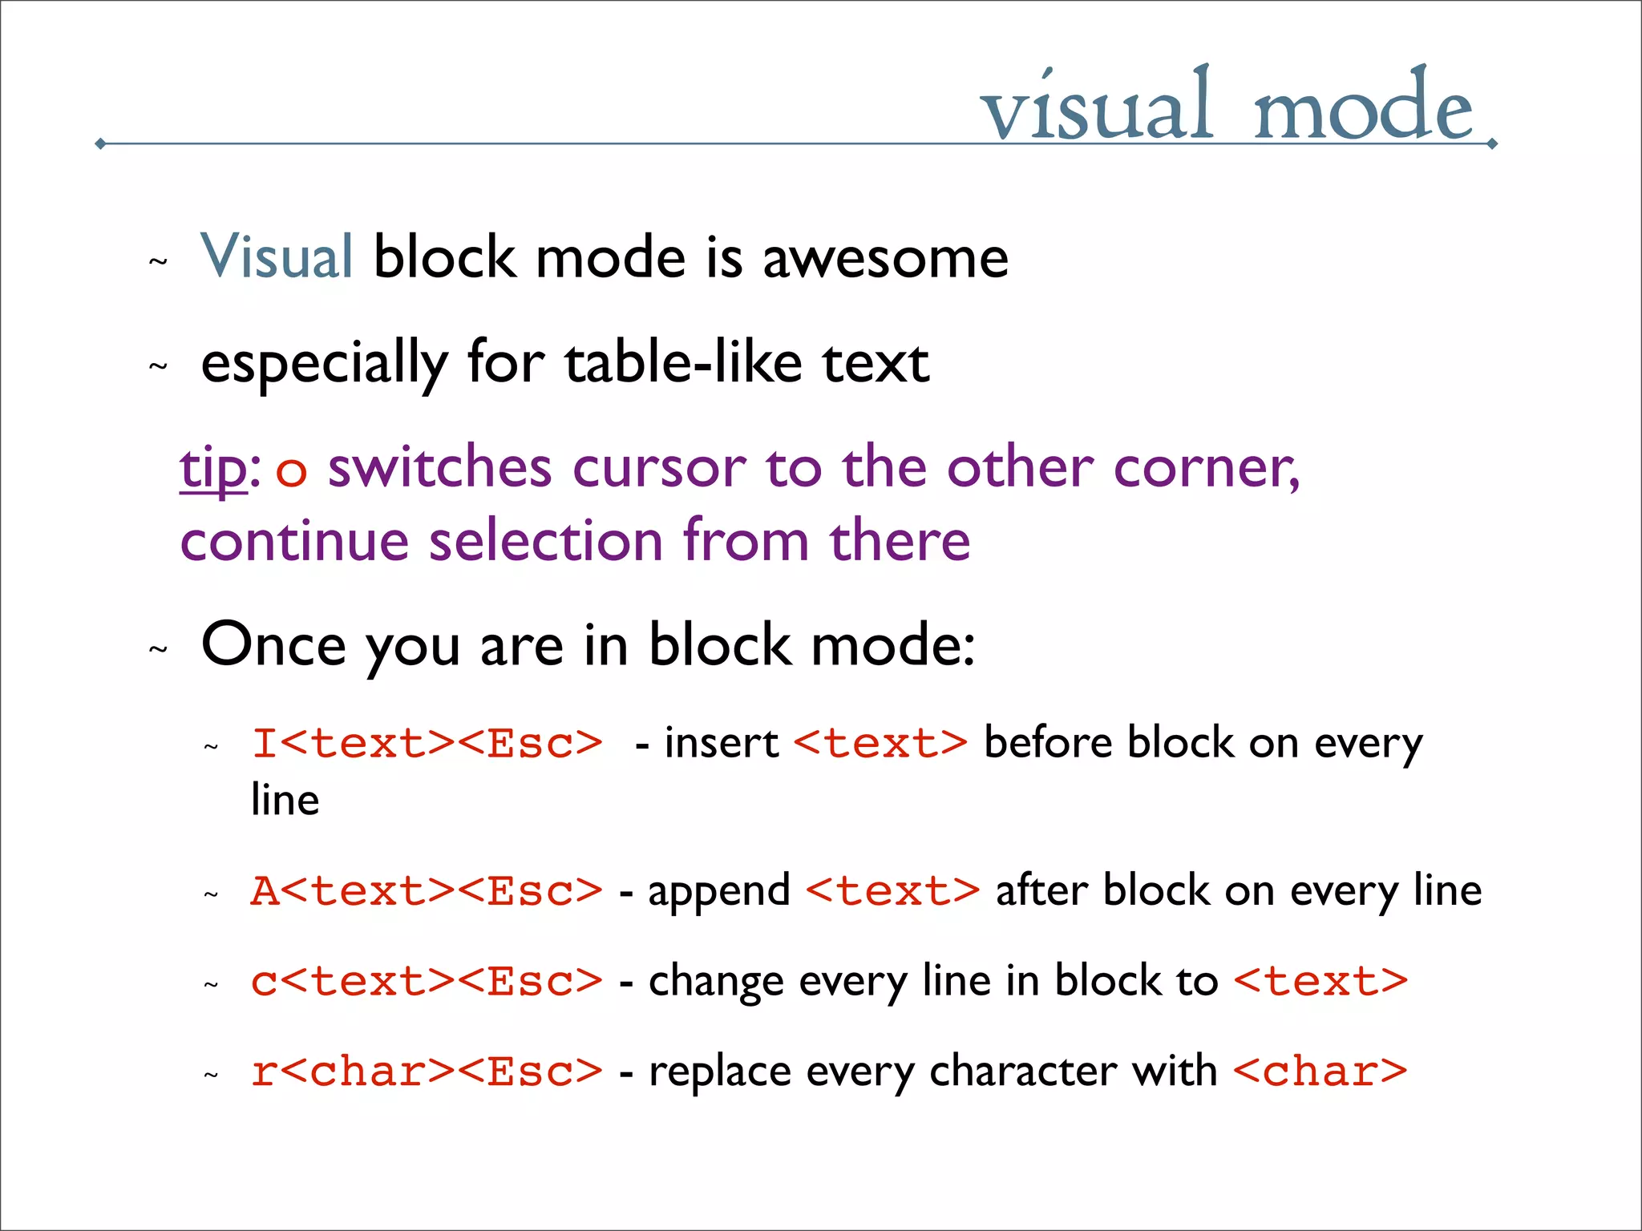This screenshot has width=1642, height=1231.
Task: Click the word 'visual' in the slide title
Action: [x=1096, y=108]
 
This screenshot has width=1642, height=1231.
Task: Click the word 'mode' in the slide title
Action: [x=1362, y=108]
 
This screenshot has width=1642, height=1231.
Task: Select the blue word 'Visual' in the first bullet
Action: [x=277, y=257]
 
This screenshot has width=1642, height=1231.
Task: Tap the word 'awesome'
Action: [x=885, y=259]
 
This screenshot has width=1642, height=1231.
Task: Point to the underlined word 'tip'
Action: [x=213, y=468]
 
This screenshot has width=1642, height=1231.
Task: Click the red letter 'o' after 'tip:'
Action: [x=291, y=471]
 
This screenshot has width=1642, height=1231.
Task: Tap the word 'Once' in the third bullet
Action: [x=273, y=644]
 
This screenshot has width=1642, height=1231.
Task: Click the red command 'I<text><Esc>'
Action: [x=427, y=743]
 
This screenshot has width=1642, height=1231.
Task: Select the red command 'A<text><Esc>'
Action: [x=427, y=891]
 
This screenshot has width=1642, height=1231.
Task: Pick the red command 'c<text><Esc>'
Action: [x=427, y=982]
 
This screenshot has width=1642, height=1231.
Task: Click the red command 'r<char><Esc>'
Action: [x=427, y=1072]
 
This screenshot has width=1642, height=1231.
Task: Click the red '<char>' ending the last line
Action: [x=1320, y=1072]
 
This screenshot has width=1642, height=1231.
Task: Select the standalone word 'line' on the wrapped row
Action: [x=285, y=800]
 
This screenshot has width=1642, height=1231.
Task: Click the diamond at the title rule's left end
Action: [x=100, y=143]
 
